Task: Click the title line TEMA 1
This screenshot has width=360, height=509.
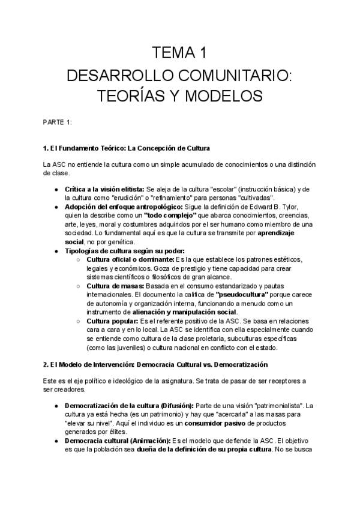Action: click(x=180, y=53)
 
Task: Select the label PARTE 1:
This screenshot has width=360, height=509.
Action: click(x=57, y=122)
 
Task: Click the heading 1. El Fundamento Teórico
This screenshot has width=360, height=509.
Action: click(x=126, y=148)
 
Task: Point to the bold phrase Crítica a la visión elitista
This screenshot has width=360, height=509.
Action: click(x=104, y=189)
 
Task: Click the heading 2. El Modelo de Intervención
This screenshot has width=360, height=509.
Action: click(x=155, y=364)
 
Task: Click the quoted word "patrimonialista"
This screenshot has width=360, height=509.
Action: click(x=281, y=406)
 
